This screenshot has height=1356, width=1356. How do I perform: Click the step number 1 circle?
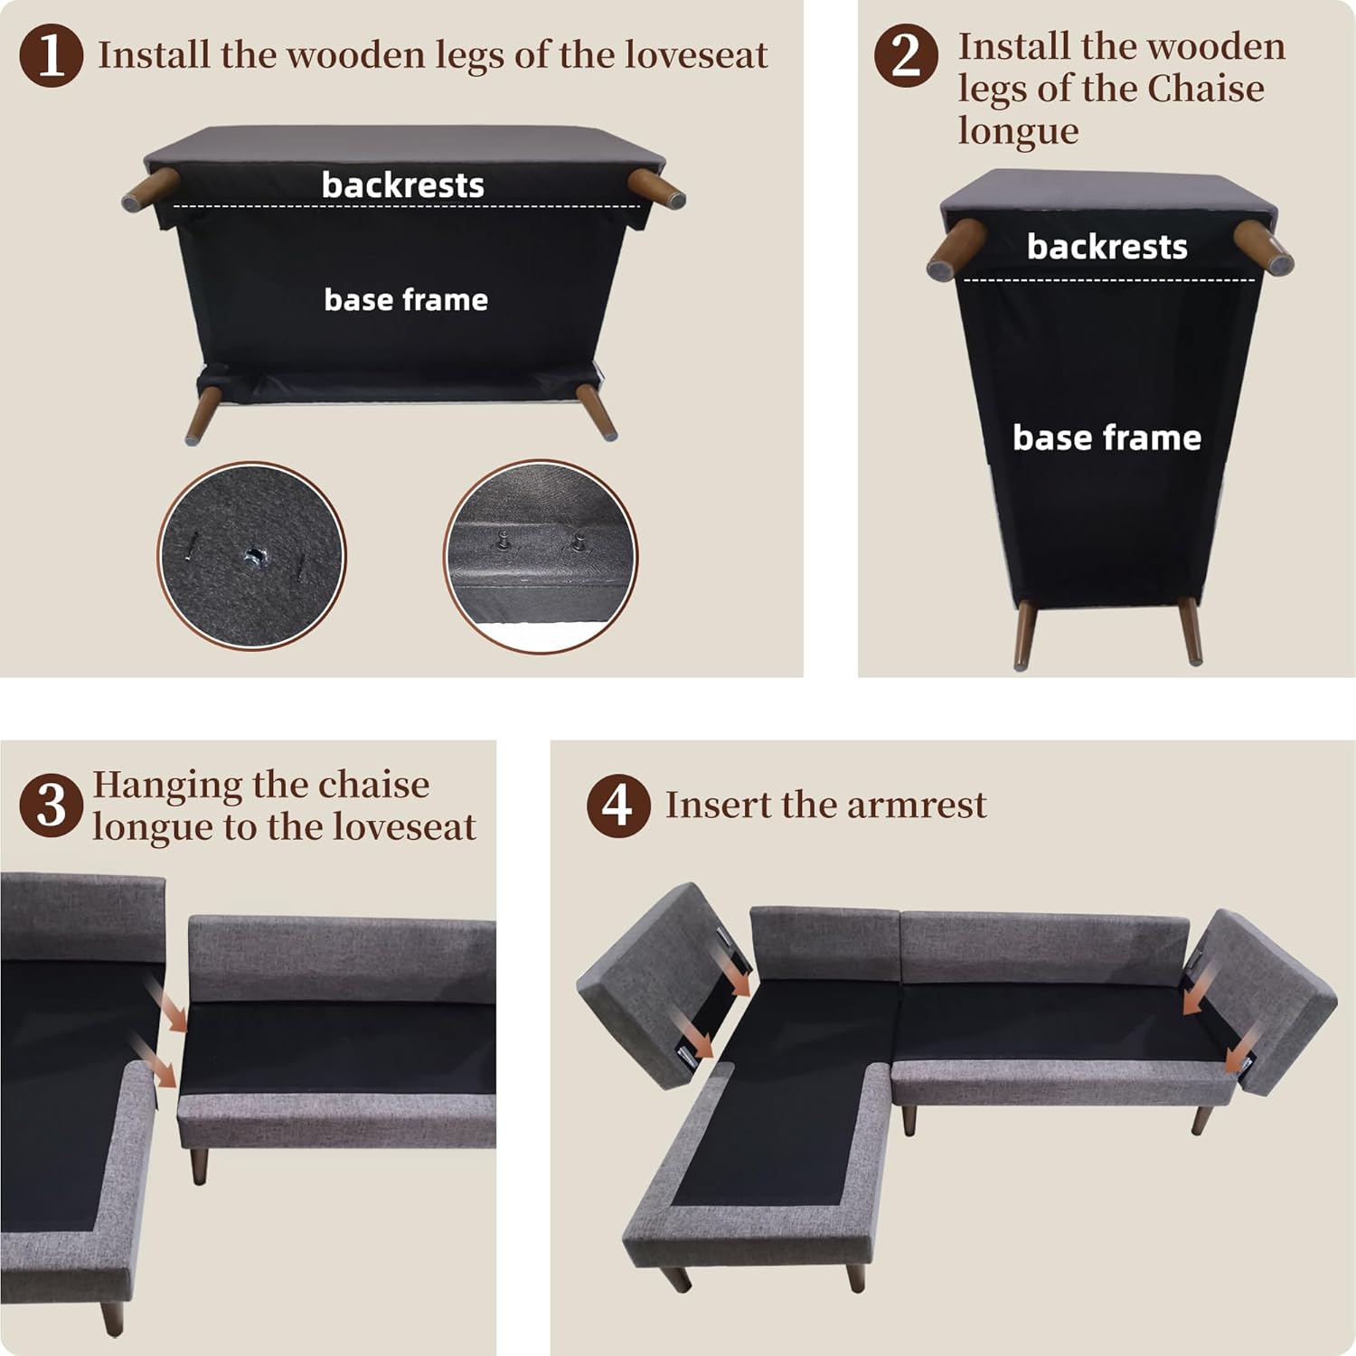point(52,54)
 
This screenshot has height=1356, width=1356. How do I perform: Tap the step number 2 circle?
point(906,54)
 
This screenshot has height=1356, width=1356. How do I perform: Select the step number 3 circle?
point(52,805)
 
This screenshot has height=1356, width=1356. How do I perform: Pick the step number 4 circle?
point(618,805)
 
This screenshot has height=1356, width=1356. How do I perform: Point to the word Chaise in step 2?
point(1206,89)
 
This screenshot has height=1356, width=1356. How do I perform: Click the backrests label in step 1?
point(403,185)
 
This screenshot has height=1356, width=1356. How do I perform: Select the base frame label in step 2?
point(1107,438)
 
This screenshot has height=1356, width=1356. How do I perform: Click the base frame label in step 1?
point(406,299)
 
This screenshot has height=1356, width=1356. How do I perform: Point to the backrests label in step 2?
point(1107,247)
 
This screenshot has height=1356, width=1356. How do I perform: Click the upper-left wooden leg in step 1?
point(150,187)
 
